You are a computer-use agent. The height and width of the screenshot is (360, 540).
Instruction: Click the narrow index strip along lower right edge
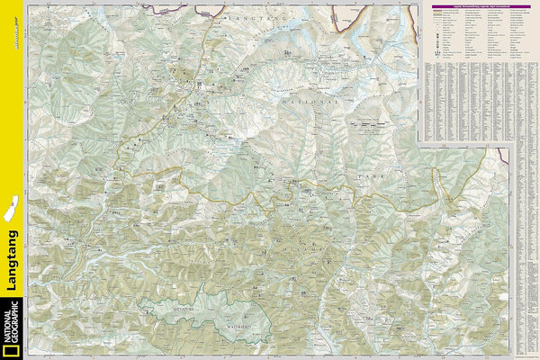pyautogui.click(x=528, y=252)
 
